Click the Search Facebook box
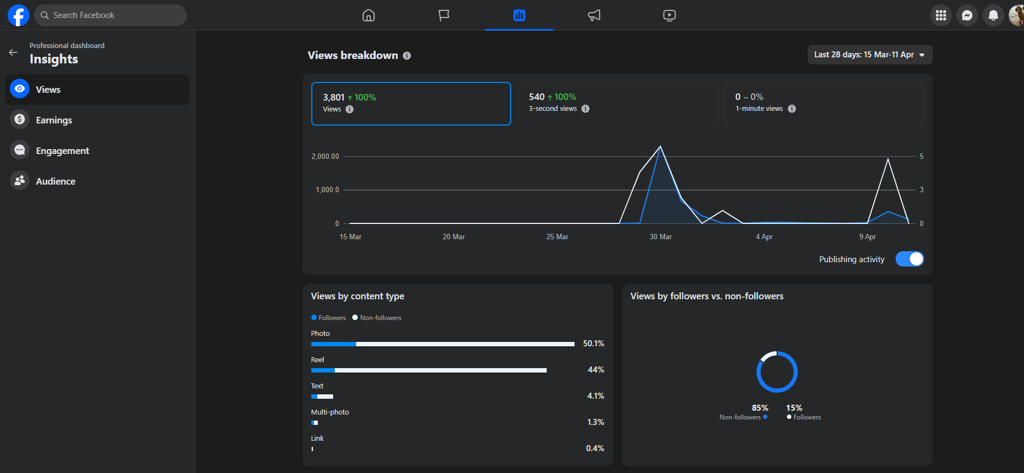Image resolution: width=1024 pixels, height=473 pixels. pyautogui.click(x=110, y=15)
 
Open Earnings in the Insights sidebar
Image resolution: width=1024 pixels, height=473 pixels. pyautogui.click(x=54, y=120)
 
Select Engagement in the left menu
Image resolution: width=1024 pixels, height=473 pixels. pyautogui.click(x=62, y=151)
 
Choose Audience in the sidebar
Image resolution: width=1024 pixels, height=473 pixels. pyautogui.click(x=55, y=181)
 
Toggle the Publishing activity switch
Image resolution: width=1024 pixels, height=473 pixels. pyautogui.click(x=909, y=259)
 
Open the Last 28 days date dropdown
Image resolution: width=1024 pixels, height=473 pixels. pyautogui.click(x=870, y=55)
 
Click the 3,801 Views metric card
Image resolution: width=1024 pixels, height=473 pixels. pyautogui.click(x=411, y=104)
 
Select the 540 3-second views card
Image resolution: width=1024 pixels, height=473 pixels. pyautogui.click(x=618, y=103)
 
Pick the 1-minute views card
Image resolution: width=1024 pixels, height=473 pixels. pyautogui.click(x=824, y=103)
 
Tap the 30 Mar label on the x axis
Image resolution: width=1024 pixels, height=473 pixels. pyautogui.click(x=661, y=236)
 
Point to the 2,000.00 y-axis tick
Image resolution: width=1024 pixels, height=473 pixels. pyautogui.click(x=325, y=156)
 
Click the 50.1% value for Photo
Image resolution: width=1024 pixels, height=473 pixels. pyautogui.click(x=594, y=344)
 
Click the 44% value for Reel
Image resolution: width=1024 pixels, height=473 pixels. pyautogui.click(x=596, y=370)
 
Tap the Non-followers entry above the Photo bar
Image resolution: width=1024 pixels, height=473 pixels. pyautogui.click(x=377, y=318)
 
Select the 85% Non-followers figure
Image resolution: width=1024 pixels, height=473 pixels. pyautogui.click(x=760, y=408)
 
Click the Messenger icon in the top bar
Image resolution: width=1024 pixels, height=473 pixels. pyautogui.click(x=967, y=15)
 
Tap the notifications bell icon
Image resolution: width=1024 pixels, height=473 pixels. pyautogui.click(x=993, y=15)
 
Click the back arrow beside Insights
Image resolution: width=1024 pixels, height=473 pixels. pyautogui.click(x=13, y=52)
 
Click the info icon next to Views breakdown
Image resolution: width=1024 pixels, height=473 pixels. pyautogui.click(x=407, y=56)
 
